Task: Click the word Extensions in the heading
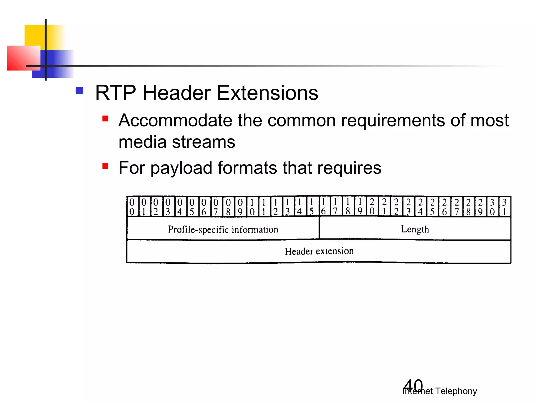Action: (x=267, y=93)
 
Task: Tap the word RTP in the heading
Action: (x=115, y=93)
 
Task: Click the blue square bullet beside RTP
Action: (x=79, y=91)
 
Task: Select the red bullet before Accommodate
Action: (x=105, y=119)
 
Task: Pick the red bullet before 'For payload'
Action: (x=105, y=166)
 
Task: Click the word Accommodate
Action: (x=175, y=121)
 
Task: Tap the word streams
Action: (x=203, y=142)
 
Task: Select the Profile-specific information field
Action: (x=223, y=229)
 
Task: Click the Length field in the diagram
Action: (x=415, y=229)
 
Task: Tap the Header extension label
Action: (x=319, y=251)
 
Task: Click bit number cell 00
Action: (x=132, y=207)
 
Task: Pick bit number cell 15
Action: (x=312, y=207)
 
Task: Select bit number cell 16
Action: (x=324, y=207)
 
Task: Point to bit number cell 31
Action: (x=504, y=207)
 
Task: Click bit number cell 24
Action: (x=420, y=207)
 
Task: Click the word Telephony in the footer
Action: (x=456, y=391)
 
